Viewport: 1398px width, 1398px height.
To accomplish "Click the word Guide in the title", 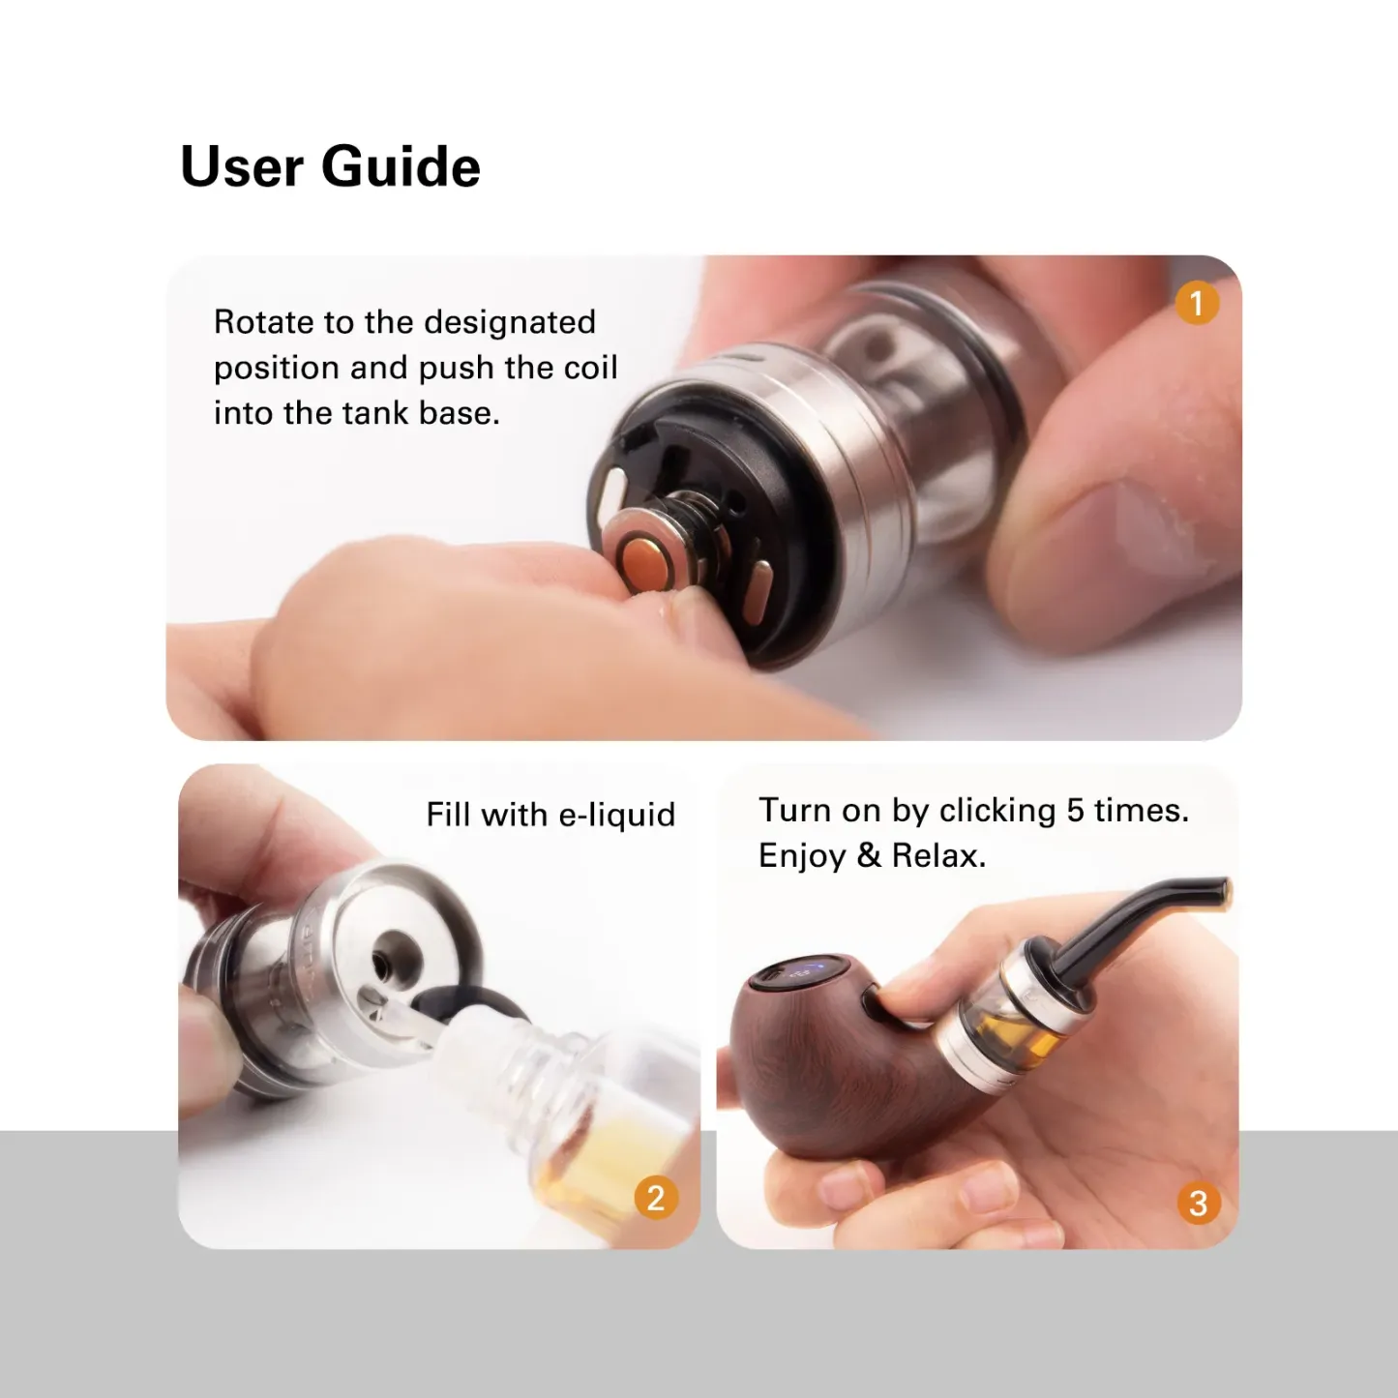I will click(x=401, y=166).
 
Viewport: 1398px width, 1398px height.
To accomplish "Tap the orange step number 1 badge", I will click(x=1197, y=304).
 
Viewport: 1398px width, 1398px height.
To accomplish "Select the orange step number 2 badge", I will click(x=656, y=1198).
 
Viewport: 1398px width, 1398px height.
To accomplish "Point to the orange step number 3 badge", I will click(x=1198, y=1204).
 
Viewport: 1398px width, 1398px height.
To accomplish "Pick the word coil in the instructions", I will click(x=590, y=368).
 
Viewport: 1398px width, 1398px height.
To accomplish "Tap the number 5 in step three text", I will click(x=1075, y=810).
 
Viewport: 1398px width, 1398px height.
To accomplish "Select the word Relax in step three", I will click(x=937, y=856).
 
